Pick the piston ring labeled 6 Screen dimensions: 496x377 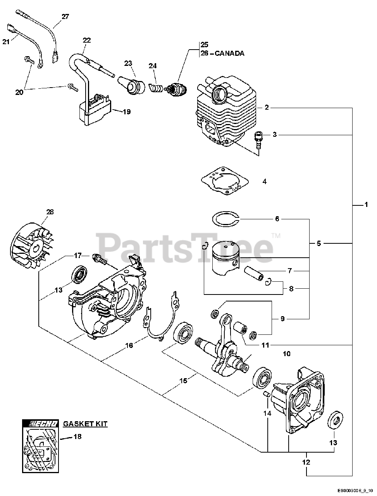point(226,219)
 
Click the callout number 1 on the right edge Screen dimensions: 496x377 point(366,205)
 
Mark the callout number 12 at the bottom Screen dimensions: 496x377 point(306,462)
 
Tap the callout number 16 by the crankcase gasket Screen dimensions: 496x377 point(129,345)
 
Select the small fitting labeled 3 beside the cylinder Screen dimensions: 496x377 point(258,138)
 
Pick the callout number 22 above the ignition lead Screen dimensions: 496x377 point(87,40)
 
